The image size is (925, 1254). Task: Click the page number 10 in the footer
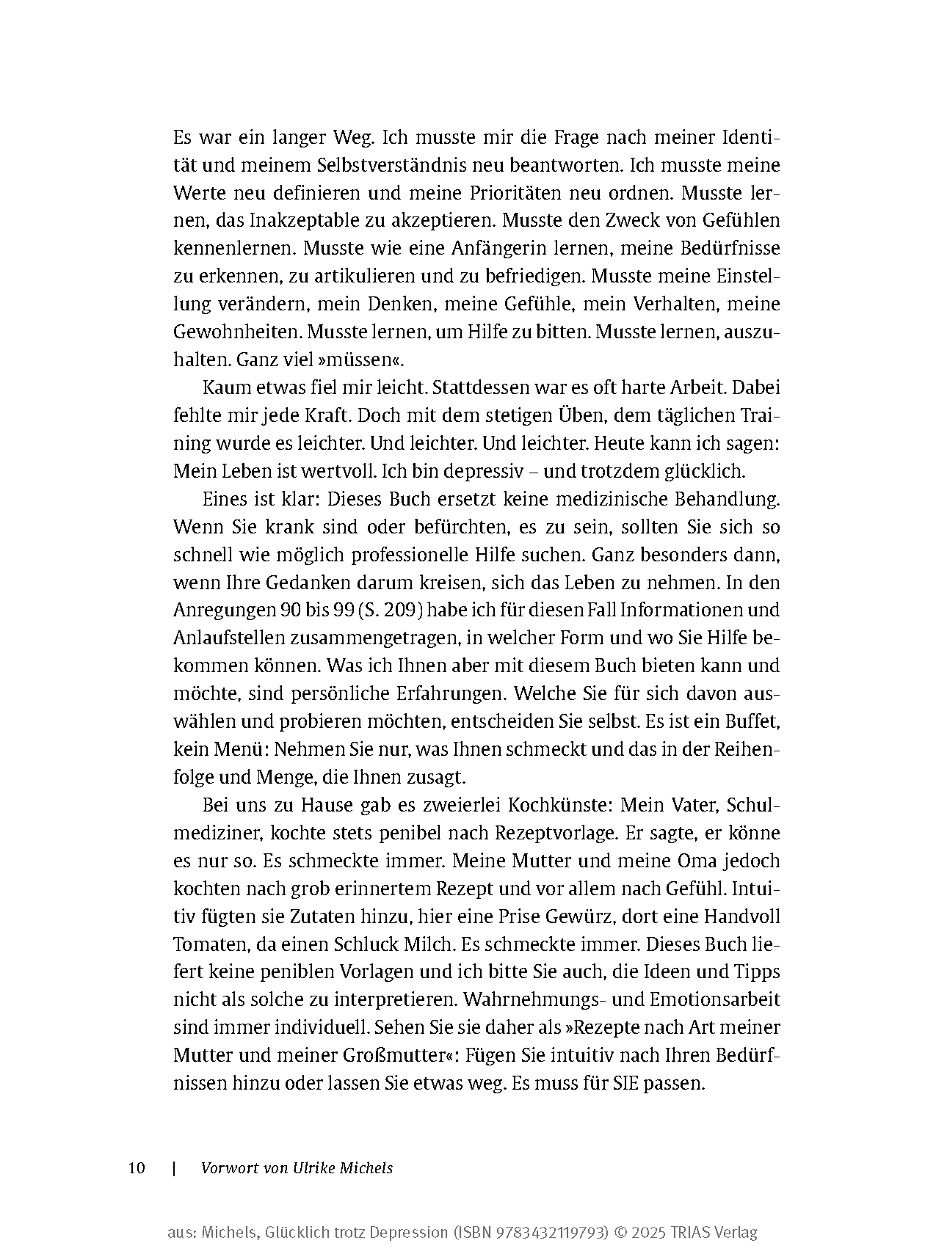(x=137, y=1168)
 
